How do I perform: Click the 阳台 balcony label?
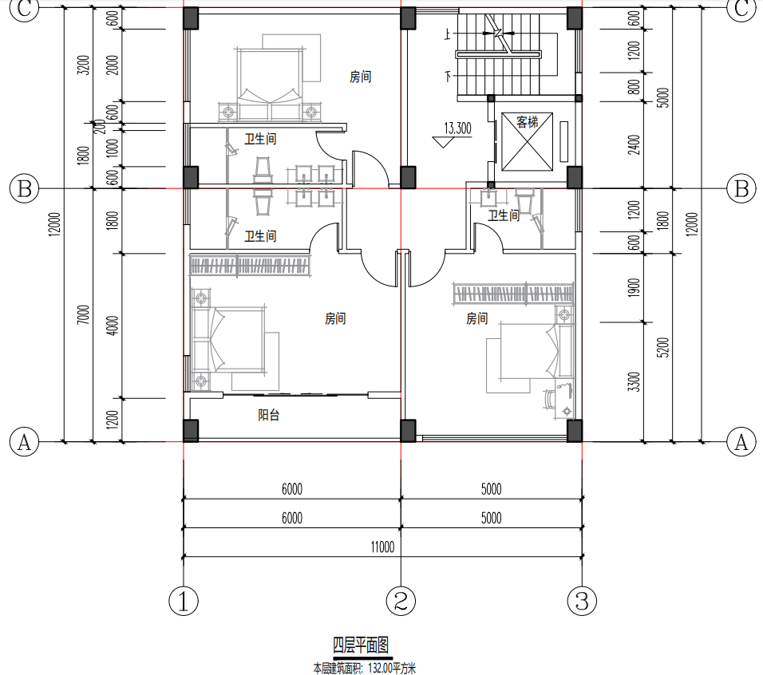[x=269, y=415]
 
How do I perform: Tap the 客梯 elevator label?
[x=527, y=122]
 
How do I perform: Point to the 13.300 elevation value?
[x=458, y=128]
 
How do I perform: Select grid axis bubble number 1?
[x=184, y=601]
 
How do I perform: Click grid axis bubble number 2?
[x=401, y=601]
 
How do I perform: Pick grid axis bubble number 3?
[x=582, y=601]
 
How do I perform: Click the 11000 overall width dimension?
[x=382, y=547]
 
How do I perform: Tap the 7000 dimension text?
[x=84, y=314]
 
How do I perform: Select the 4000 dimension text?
[x=113, y=326]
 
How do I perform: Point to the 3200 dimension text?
[x=84, y=65]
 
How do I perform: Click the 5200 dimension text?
[x=662, y=348]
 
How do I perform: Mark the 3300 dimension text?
[x=634, y=381]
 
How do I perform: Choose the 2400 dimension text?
[x=634, y=145]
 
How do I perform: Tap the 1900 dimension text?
[x=634, y=288]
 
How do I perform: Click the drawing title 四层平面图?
[x=361, y=645]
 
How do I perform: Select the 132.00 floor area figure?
[x=380, y=668]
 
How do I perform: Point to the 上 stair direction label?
[x=448, y=34]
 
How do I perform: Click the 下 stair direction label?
[x=448, y=76]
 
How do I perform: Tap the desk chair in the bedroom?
[x=550, y=399]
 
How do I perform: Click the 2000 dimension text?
[x=113, y=65]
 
